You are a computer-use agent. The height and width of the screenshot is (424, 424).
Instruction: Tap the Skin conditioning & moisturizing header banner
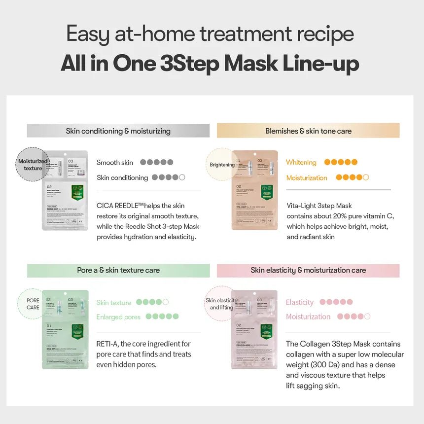click(x=118, y=131)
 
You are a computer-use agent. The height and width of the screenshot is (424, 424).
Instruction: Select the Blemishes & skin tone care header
click(x=308, y=131)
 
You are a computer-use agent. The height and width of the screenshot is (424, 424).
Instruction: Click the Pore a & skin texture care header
click(x=118, y=270)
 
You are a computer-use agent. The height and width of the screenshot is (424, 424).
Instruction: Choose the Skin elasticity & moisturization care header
click(x=308, y=270)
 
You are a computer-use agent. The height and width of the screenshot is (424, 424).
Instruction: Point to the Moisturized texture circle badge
click(x=33, y=164)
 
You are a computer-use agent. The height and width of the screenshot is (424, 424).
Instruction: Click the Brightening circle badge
click(x=222, y=164)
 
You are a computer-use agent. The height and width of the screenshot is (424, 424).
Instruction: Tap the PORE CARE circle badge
click(x=33, y=304)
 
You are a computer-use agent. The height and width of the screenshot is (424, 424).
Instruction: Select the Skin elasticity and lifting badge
click(x=221, y=304)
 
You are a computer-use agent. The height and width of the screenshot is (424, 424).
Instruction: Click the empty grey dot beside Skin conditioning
click(x=182, y=177)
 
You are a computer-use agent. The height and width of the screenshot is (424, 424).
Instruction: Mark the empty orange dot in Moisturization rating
click(x=366, y=177)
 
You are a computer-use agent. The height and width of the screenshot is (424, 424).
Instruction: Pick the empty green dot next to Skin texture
click(x=166, y=302)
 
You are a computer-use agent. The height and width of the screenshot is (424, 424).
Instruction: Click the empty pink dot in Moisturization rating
click(x=367, y=317)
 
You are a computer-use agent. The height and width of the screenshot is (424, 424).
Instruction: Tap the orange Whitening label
click(x=301, y=162)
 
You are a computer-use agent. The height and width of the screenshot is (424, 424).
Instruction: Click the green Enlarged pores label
click(x=118, y=317)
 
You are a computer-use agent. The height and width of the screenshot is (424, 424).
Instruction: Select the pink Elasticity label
click(x=299, y=302)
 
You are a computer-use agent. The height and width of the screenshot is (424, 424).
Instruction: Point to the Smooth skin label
click(x=115, y=162)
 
